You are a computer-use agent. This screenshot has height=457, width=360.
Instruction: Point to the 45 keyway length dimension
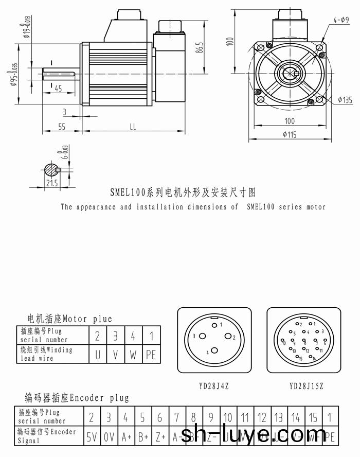(x=57, y=89)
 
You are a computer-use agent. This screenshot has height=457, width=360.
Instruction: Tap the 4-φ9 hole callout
(x=339, y=20)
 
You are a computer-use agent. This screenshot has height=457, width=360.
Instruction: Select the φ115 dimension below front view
(x=291, y=135)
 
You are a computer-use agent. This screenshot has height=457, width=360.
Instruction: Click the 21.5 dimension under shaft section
(x=51, y=183)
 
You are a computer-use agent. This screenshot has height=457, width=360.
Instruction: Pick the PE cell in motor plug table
(x=151, y=354)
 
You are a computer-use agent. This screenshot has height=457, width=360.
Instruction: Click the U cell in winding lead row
(x=97, y=354)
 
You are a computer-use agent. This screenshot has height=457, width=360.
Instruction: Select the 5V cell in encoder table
(x=92, y=437)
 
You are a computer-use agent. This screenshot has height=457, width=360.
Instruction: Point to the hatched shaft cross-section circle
(x=51, y=169)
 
